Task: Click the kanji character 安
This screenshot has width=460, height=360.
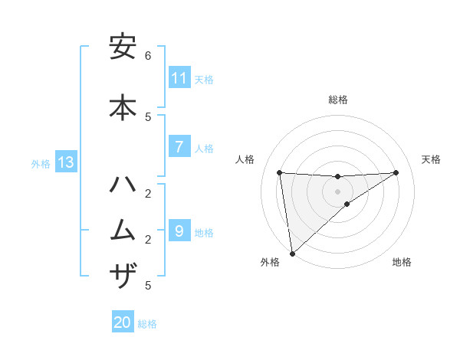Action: click(x=123, y=48)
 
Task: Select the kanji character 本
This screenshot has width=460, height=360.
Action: click(x=123, y=106)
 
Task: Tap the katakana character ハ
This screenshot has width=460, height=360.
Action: click(x=123, y=185)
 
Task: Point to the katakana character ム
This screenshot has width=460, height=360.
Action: click(x=123, y=229)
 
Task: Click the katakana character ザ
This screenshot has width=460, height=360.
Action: click(x=123, y=275)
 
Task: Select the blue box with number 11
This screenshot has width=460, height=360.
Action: click(x=179, y=78)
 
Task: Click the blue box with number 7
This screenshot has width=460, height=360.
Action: click(x=179, y=147)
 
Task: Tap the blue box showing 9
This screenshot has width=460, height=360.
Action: click(x=179, y=231)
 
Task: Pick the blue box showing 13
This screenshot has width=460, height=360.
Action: click(x=66, y=162)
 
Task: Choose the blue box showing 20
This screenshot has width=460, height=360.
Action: click(x=123, y=322)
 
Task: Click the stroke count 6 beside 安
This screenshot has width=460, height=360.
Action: click(x=148, y=56)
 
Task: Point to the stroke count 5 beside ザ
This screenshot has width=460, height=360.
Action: click(x=148, y=286)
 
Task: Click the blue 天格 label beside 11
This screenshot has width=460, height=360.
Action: click(x=204, y=79)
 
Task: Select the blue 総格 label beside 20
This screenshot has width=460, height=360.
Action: click(x=147, y=324)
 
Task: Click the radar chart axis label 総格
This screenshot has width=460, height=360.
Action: click(x=338, y=100)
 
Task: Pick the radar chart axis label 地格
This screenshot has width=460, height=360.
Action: click(x=402, y=262)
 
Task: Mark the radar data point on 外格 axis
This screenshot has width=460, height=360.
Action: click(x=292, y=253)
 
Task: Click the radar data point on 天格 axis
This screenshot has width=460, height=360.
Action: click(x=396, y=172)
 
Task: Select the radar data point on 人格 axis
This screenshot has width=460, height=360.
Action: click(x=280, y=172)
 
